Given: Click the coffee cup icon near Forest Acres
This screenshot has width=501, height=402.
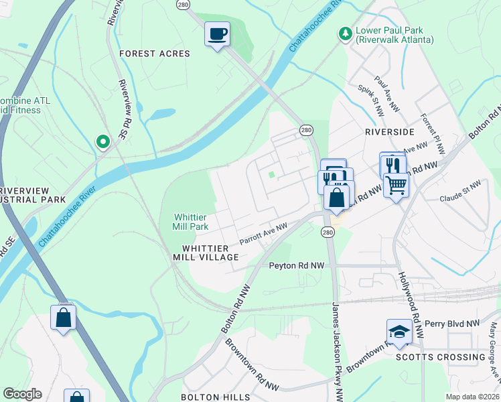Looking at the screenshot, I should click(x=217, y=33).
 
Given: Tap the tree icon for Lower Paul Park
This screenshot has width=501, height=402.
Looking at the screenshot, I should click(x=346, y=33).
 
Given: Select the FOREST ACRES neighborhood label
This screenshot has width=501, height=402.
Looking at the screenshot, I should click(x=155, y=54).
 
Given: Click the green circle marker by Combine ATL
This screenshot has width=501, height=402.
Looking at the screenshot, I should click(x=102, y=141).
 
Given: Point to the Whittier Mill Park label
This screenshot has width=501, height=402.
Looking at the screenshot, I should click(x=191, y=222).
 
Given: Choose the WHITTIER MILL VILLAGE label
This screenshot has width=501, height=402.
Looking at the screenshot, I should click(x=206, y=253).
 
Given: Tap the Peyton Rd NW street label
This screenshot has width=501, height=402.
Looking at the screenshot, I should click(x=296, y=266).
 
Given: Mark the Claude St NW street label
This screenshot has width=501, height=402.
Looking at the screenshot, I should click(x=461, y=191).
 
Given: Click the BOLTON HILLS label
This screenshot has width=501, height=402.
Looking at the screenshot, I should click(x=215, y=397).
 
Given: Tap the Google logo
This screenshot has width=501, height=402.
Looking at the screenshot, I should click(x=22, y=394).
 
